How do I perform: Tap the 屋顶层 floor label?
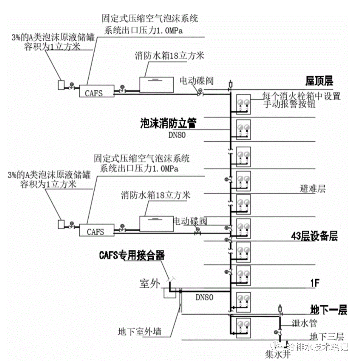[319, 81]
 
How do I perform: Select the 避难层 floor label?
[312, 189]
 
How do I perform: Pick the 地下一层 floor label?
[328, 310]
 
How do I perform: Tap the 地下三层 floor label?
[326, 336]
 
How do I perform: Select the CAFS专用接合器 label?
[132, 256]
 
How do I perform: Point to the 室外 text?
[149, 284]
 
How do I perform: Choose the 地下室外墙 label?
[140, 332]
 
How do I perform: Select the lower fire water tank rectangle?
[156, 224]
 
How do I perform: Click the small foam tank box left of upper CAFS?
[61, 85]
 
